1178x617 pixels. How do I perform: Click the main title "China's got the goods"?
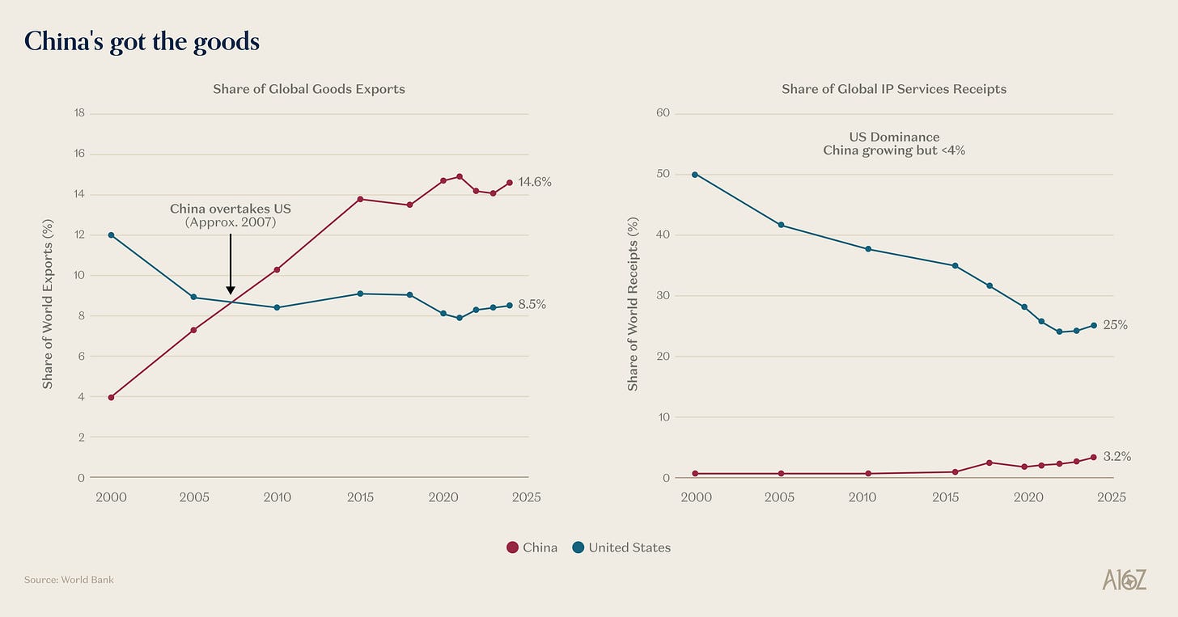click(142, 41)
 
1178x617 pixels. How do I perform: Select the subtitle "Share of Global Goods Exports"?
click(308, 89)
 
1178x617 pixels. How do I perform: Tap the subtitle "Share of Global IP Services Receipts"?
click(893, 89)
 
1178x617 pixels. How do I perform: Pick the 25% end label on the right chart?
click(1115, 325)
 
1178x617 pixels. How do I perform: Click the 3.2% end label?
click(1117, 457)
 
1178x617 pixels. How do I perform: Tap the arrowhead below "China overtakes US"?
click(231, 289)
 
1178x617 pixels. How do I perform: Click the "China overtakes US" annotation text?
click(231, 209)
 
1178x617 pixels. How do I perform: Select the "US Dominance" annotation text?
click(894, 137)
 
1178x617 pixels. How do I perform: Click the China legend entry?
click(532, 547)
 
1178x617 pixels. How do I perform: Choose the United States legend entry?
click(621, 547)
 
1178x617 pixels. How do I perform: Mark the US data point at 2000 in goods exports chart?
click(111, 235)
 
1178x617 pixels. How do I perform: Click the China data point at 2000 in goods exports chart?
click(111, 397)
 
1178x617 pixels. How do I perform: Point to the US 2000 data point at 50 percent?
click(695, 175)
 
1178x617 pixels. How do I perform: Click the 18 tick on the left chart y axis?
click(79, 113)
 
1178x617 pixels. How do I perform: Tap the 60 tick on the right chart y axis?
click(663, 113)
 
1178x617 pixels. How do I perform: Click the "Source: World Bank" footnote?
click(69, 580)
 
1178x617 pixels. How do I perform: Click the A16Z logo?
click(1124, 579)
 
